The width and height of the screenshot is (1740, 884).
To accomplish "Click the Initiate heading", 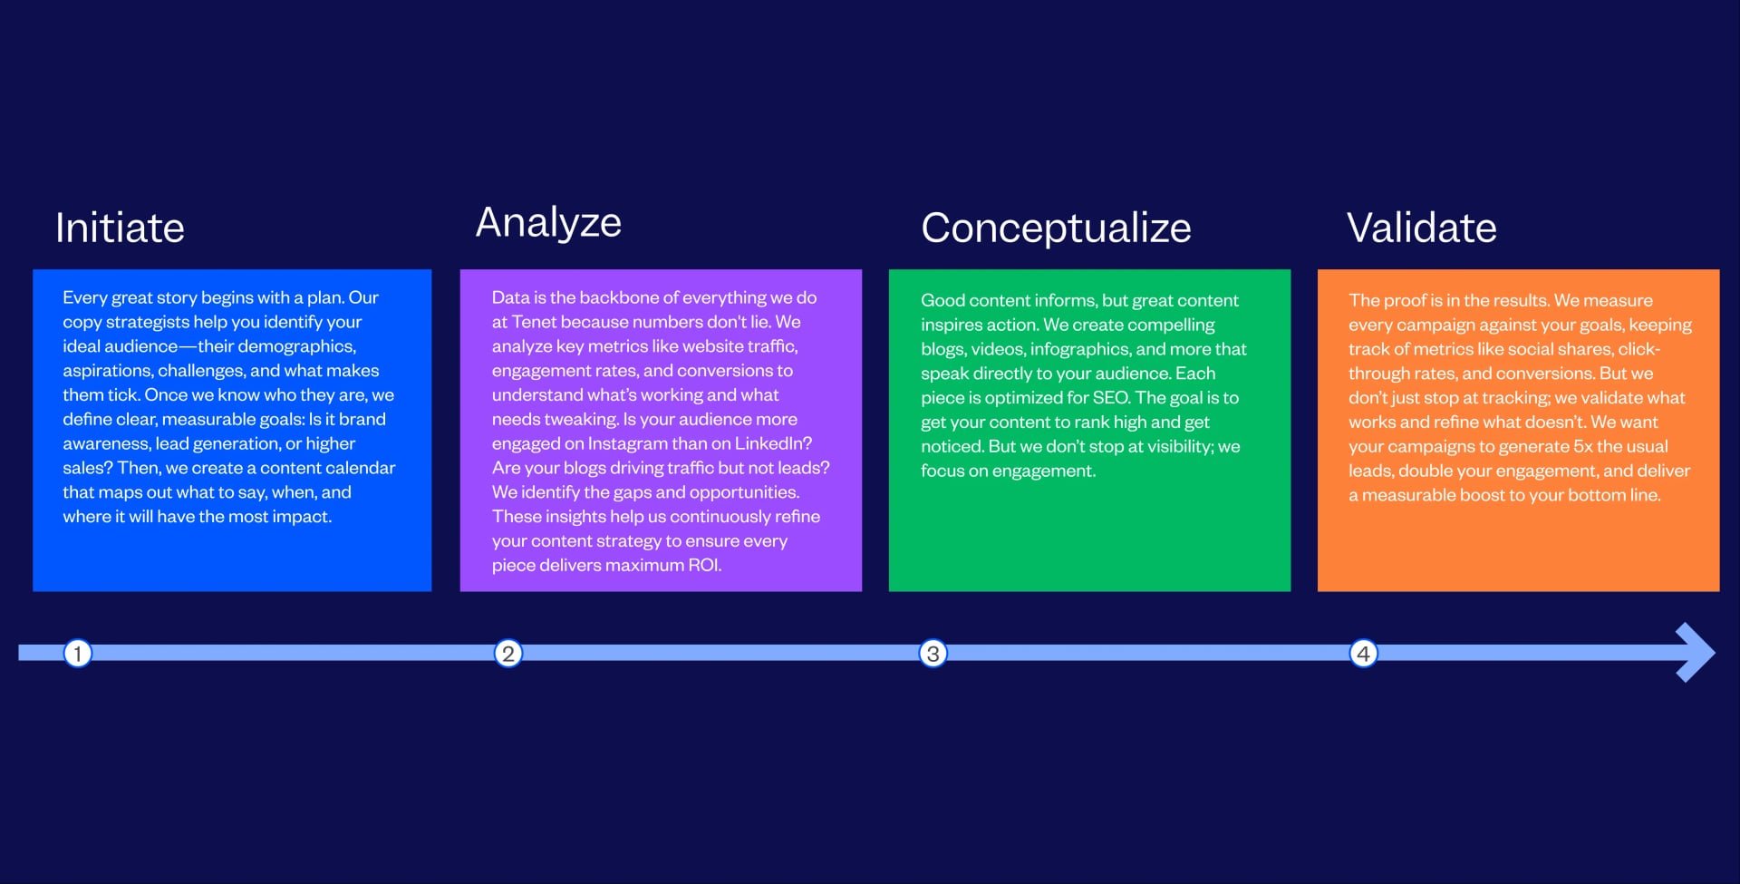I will coord(120,228).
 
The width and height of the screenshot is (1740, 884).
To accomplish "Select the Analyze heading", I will coord(548,223).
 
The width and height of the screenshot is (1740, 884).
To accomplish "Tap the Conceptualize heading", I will coord(1056,228).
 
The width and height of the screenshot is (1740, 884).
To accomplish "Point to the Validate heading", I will coord(1421,228).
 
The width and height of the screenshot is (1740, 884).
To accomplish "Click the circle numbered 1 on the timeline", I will coord(78,653).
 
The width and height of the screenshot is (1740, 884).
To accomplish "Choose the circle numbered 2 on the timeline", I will coord(508,653).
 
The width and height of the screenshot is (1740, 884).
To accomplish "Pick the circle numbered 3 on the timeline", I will coord(933,653).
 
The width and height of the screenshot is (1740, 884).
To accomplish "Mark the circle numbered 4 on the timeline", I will coord(1363,653).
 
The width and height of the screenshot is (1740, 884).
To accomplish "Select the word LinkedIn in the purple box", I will coord(773,443).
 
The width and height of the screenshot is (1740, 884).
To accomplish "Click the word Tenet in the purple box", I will coord(534,322).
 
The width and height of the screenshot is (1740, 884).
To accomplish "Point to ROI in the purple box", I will coord(704,565).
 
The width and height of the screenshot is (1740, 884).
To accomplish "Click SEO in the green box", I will coord(1111,398).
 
